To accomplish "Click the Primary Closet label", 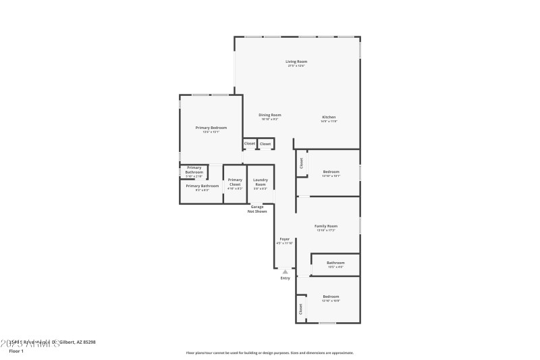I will [x=234, y=182].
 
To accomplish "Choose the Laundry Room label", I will [x=261, y=182].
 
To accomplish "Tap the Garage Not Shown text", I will [x=257, y=209].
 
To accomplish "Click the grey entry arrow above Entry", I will [x=285, y=272].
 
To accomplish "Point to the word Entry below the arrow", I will [x=285, y=278].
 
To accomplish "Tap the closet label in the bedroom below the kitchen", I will [x=301, y=163].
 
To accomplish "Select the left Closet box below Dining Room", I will [x=250, y=144].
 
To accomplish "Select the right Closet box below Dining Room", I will [x=266, y=144].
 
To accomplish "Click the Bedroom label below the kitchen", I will [x=331, y=173].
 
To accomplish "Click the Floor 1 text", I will [x=16, y=351].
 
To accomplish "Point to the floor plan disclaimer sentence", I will [x=269, y=353].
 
